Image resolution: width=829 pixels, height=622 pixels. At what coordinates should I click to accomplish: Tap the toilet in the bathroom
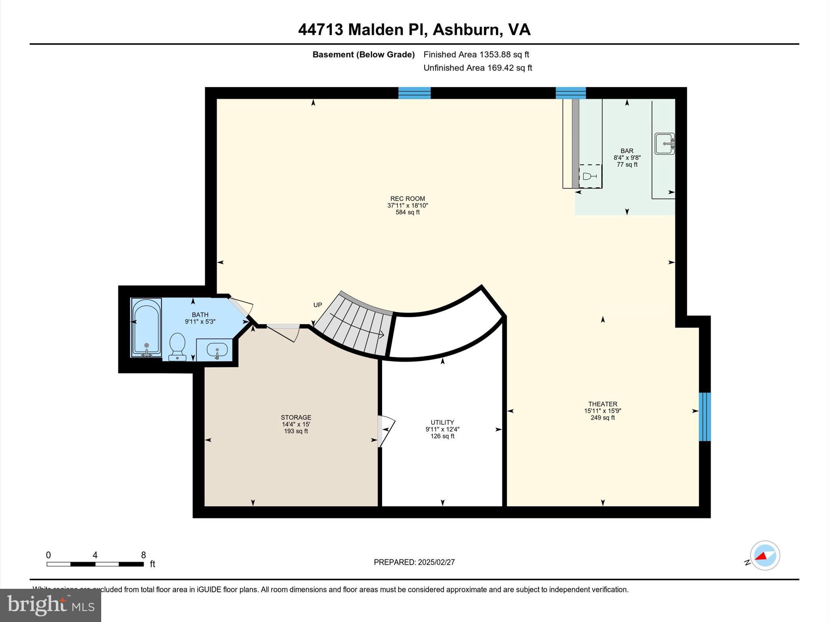click(x=177, y=347)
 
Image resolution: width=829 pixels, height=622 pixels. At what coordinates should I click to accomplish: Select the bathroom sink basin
click(x=217, y=349)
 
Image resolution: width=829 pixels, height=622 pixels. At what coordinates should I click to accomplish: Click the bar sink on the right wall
click(x=665, y=144)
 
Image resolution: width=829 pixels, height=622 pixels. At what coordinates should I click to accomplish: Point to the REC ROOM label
click(x=408, y=199)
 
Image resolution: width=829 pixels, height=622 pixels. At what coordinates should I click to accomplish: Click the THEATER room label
click(x=603, y=404)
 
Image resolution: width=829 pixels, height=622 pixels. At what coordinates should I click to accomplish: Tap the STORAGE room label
click(x=296, y=418)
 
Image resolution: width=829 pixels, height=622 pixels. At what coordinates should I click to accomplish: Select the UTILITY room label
click(x=442, y=422)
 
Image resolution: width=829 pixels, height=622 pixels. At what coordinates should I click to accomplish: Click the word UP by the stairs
click(x=318, y=305)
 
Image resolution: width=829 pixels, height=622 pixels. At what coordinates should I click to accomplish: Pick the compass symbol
click(x=765, y=556)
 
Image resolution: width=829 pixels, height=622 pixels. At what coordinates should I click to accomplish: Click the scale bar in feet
click(x=95, y=564)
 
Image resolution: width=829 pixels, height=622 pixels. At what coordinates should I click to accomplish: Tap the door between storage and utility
click(x=385, y=431)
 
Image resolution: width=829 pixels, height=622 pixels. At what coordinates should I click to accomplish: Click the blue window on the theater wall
click(x=705, y=417)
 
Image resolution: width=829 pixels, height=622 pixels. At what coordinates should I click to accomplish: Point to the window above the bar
click(x=571, y=93)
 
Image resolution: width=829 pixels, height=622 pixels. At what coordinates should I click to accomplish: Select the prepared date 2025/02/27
click(x=436, y=562)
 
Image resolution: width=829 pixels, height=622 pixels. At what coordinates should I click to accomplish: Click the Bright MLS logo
click(x=51, y=605)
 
